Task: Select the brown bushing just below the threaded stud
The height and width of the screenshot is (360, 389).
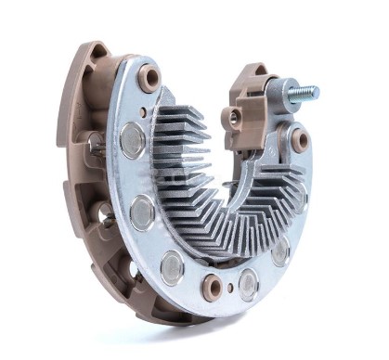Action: [300, 140]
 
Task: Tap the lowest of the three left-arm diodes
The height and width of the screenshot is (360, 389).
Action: [172, 267]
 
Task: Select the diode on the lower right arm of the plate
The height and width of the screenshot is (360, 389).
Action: [280, 251]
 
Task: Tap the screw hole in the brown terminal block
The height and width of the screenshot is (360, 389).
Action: [234, 116]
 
